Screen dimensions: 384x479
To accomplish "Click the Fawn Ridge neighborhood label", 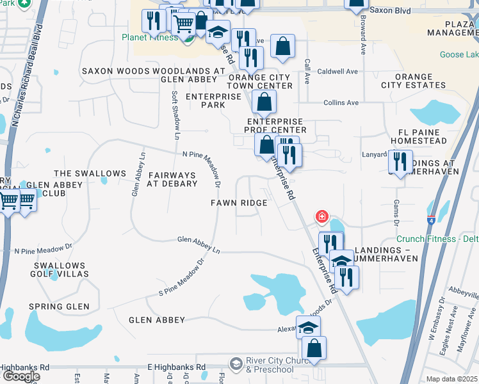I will pyautogui.click(x=239, y=203).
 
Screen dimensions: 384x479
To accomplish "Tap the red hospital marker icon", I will pyautogui.click(x=321, y=217).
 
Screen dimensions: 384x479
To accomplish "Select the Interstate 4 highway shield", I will pyautogui.click(x=430, y=220).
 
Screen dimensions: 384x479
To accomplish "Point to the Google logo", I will pyautogui.click(x=20, y=376).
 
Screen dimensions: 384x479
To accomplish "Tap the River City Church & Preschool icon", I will pyautogui.click(x=236, y=364).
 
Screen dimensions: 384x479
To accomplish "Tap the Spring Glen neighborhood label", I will pyautogui.click(x=59, y=307).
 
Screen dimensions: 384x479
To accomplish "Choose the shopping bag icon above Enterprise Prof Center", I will pyautogui.click(x=264, y=102).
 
